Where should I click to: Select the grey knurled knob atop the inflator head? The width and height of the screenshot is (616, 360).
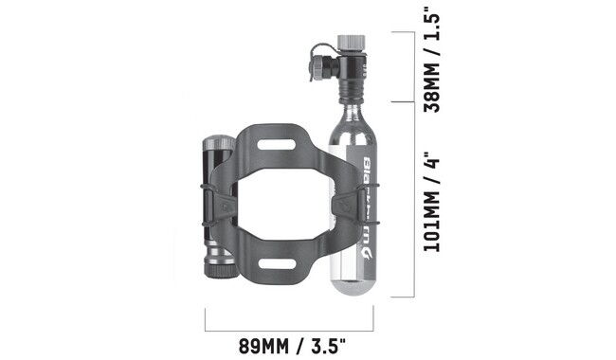tap(354, 43)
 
